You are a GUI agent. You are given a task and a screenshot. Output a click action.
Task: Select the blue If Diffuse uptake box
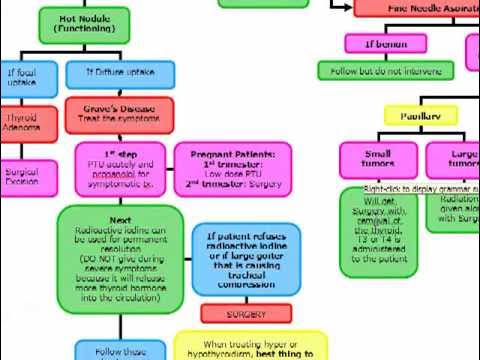pos(120,73)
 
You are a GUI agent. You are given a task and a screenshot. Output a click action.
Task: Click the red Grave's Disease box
pos(119,113)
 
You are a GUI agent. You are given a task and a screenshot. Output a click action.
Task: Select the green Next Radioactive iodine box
pos(120,254)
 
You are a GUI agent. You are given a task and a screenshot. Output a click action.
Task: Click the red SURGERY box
pos(245,314)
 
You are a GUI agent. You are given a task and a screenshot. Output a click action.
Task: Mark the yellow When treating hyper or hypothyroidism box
pos(250,346)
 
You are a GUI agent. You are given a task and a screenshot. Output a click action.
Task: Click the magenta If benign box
pos(384,44)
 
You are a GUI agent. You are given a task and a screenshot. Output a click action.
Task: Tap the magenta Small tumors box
pos(377,160)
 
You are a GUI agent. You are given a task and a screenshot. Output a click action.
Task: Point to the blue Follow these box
pos(121,350)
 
